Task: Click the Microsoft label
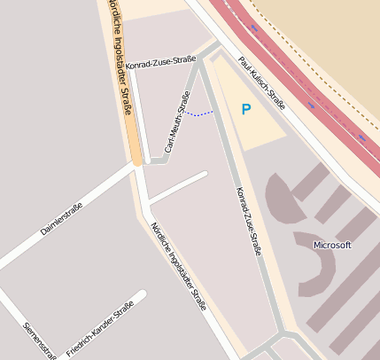coord(333,245)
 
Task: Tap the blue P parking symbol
coord(246,109)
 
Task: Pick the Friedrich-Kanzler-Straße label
coord(99,329)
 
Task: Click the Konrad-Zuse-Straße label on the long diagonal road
coord(248,221)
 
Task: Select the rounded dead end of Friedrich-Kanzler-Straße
coord(142,293)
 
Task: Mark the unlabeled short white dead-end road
coord(177,187)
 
